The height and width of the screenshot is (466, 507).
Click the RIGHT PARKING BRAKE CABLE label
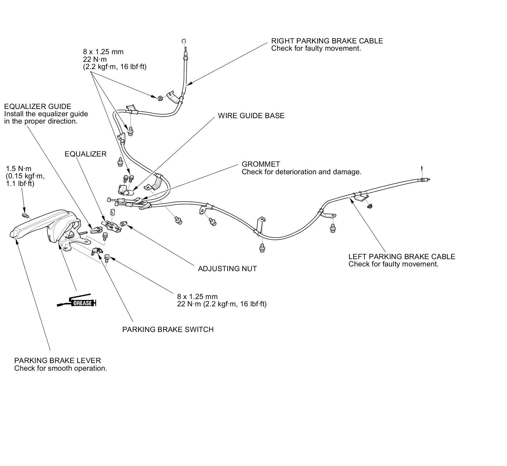[x=327, y=41]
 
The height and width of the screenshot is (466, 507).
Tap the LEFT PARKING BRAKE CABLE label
[x=401, y=257]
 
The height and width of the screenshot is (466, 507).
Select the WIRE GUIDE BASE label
[x=251, y=116]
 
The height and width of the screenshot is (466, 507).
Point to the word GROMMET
[x=261, y=164]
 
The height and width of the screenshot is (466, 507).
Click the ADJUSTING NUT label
[x=227, y=269]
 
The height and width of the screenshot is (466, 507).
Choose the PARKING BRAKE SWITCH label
[x=168, y=329]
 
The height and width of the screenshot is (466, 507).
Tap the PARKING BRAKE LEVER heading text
[x=57, y=361]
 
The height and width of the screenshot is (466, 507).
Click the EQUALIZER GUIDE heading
[x=38, y=106]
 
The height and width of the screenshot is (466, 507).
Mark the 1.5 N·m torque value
[x=19, y=169]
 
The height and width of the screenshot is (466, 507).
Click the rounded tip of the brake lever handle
[x=13, y=234]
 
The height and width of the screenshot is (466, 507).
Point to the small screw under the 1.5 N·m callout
[x=25, y=215]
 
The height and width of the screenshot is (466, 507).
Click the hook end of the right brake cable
[x=183, y=41]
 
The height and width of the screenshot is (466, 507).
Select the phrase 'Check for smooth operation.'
[x=61, y=368]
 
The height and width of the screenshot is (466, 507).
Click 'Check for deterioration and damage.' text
[x=301, y=172]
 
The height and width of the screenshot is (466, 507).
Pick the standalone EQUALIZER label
[x=86, y=154]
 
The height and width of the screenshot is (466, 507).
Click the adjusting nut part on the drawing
[x=124, y=224]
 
